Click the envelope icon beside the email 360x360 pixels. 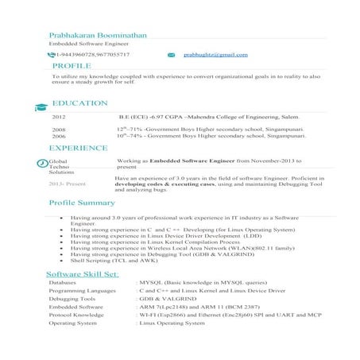pyautogui.click(x=170, y=55)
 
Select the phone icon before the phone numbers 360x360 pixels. pyautogui.click(x=52, y=55)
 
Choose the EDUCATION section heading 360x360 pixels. pyautogui.click(x=79, y=103)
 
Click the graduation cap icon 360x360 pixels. pyautogui.click(x=41, y=107)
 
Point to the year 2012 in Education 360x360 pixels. pyautogui.click(x=58, y=117)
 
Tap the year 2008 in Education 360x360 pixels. pyautogui.click(x=59, y=129)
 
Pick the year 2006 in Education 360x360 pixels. pyautogui.click(x=59, y=136)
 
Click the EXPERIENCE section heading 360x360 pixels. pyautogui.click(x=78, y=148)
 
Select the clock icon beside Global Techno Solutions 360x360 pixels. pyautogui.click(x=43, y=163)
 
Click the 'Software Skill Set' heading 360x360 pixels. pyautogui.click(x=83, y=274)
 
